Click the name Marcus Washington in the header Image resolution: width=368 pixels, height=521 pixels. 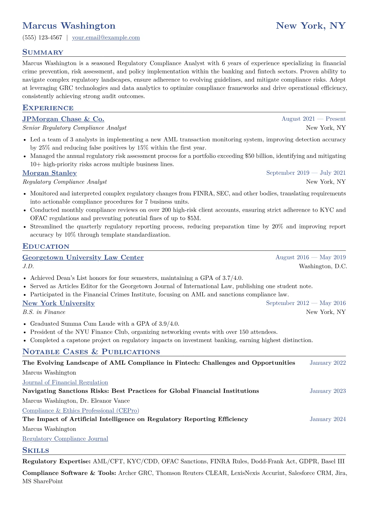69,26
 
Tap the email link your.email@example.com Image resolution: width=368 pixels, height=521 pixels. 106,38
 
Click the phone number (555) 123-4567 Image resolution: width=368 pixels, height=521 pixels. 42,38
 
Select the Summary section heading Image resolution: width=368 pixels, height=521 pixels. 43,52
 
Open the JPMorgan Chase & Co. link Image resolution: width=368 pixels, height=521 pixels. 63,119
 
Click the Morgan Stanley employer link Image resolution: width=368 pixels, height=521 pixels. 49,173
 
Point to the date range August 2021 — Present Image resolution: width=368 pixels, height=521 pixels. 313,119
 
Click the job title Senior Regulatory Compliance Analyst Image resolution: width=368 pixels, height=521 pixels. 74,128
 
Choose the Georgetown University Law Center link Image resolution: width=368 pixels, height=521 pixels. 83,258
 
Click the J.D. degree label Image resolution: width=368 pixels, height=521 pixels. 28,267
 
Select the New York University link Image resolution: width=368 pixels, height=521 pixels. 58,303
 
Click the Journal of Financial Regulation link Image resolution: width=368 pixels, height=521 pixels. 65,383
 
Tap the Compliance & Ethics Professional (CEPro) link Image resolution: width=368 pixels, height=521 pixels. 81,411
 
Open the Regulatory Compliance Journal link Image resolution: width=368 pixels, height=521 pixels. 65,439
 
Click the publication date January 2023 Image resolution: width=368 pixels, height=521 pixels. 327,391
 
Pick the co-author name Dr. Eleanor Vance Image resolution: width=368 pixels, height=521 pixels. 105,401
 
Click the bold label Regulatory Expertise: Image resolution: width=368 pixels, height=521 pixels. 56,462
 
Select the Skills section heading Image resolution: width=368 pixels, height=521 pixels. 36,450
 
